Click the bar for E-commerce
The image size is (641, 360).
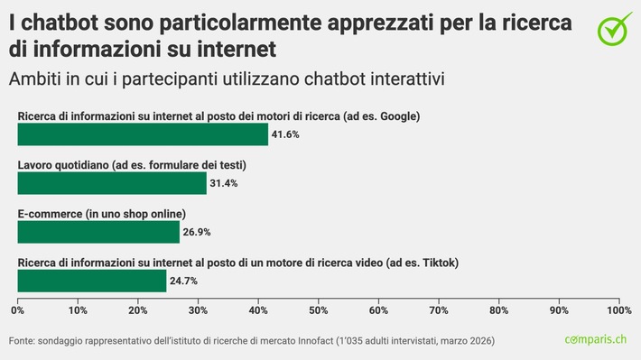pyautogui.click(x=98, y=232)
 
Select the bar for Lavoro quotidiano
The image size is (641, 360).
pyautogui.click(x=112, y=183)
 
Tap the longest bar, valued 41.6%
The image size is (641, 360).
pyautogui.click(x=143, y=134)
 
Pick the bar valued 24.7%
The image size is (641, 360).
pyautogui.click(x=91, y=281)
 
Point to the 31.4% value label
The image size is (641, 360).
pyautogui.click(x=224, y=183)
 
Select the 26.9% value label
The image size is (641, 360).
pyautogui.click(x=197, y=232)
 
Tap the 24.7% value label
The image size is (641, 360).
pyautogui.click(x=183, y=281)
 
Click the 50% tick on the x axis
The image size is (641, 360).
pyautogui.click(x=318, y=310)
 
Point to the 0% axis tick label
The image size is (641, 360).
pyautogui.click(x=17, y=310)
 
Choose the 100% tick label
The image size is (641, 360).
pyautogui.click(x=618, y=310)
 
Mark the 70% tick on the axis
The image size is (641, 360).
pyautogui.click(x=438, y=310)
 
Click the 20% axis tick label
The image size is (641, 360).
pyautogui.click(x=137, y=310)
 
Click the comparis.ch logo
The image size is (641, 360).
pyautogui.click(x=597, y=339)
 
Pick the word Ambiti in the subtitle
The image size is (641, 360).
pyautogui.click(x=33, y=78)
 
